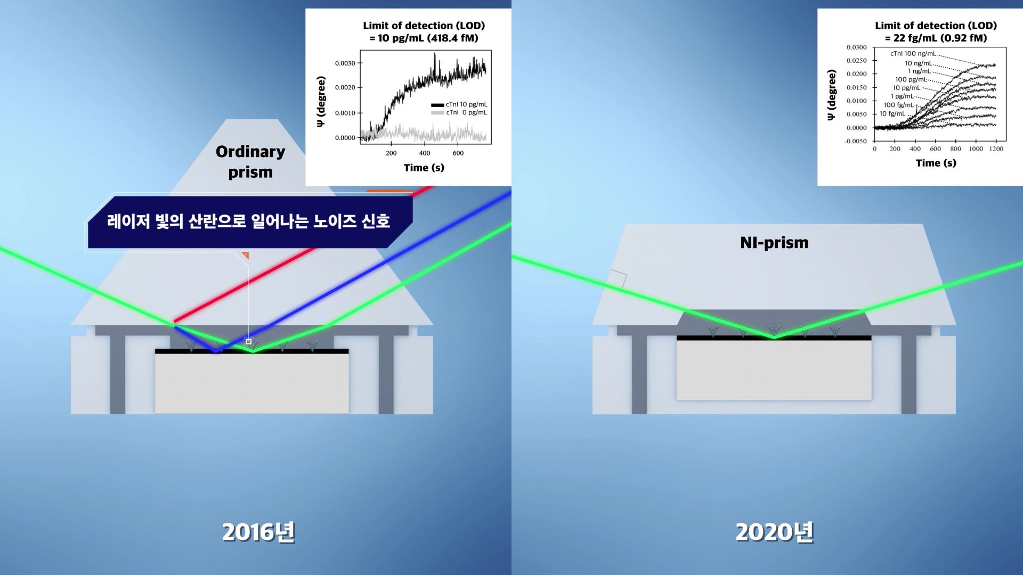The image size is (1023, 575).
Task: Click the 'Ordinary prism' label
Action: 250,162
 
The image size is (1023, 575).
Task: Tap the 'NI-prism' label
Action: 774,243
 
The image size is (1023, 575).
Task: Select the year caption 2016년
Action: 258,532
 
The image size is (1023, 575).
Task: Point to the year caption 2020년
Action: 774,532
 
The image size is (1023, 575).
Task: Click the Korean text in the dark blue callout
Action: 249,221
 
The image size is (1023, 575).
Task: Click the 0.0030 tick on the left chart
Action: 345,63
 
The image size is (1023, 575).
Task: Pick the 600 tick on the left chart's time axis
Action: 458,153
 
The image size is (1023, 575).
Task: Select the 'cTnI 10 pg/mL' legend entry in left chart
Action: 459,104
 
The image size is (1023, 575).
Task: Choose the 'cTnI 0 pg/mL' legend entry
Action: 459,112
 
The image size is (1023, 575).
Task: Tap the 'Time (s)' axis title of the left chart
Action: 424,168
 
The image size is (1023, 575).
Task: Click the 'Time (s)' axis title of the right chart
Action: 936,163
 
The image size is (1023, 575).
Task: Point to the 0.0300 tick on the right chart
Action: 857,47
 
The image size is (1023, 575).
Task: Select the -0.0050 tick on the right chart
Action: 856,141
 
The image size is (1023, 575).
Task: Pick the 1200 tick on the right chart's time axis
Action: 996,149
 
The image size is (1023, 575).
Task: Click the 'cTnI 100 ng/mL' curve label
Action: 913,54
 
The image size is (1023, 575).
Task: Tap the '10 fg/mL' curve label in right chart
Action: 892,114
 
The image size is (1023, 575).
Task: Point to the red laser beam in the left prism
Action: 304,254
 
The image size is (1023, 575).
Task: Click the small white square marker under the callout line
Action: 248,341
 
